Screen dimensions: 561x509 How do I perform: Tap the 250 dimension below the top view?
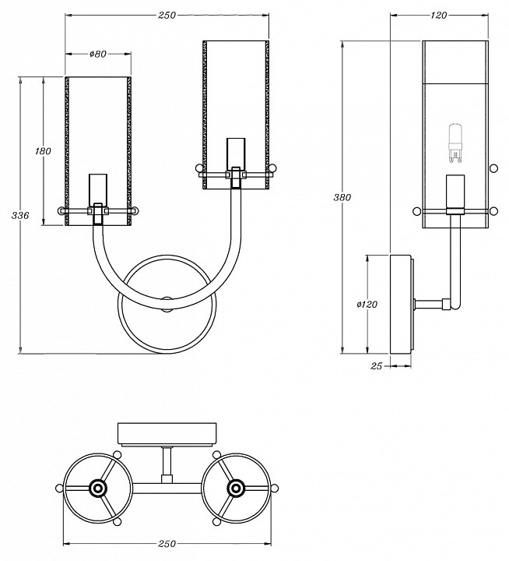[x=167, y=543]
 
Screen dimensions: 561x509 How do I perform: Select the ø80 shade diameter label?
[x=97, y=54]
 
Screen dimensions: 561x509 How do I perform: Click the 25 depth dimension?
[x=376, y=365]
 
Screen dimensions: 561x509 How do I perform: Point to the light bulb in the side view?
[x=455, y=146]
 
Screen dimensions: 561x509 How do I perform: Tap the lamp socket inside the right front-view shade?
[x=235, y=154]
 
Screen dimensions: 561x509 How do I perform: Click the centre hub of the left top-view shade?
[x=97, y=489]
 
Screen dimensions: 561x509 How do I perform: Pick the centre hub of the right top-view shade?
[x=234, y=489]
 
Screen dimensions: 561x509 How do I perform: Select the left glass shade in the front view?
[x=97, y=148]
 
